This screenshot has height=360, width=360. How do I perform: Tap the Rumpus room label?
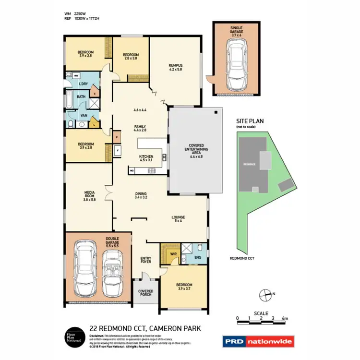(x=176, y=67)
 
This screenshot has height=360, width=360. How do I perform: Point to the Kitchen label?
(x=146, y=159)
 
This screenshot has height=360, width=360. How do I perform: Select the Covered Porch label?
(x=145, y=293)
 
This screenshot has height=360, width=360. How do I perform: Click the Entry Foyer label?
(x=145, y=260)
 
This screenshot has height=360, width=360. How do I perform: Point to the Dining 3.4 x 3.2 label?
(x=144, y=195)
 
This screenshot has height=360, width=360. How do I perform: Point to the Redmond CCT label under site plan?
(x=242, y=258)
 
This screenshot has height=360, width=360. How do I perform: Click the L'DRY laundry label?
(x=83, y=84)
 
